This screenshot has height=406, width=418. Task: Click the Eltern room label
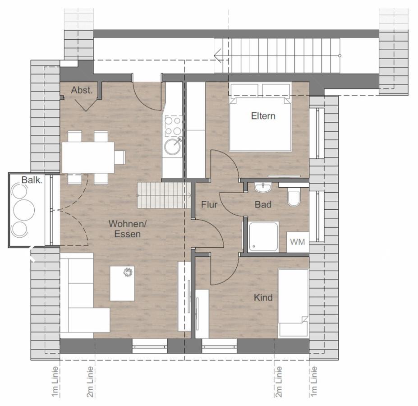click(263, 116)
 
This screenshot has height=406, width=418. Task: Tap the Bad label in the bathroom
click(263, 204)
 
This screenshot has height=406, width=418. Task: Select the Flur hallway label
click(209, 205)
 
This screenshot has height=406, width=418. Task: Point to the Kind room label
click(263, 297)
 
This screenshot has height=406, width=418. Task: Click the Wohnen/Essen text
click(128, 229)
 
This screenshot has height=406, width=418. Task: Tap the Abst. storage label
click(82, 90)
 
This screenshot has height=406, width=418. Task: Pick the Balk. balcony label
click(32, 180)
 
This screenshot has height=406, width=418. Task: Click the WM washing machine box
click(298, 242)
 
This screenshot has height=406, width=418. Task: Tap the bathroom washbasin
click(263, 187)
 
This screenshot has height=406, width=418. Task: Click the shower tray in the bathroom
click(263, 237)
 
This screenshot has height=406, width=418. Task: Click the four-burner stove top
click(173, 126)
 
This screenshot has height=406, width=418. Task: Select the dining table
click(88, 157)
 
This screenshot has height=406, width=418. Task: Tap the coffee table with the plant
click(122, 283)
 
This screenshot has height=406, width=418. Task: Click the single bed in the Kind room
click(293, 303)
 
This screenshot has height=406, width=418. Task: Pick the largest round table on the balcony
click(24, 210)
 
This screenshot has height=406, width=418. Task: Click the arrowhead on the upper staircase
click(218, 56)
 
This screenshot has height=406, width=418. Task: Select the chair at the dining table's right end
click(119, 157)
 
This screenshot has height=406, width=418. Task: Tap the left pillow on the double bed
click(244, 91)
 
